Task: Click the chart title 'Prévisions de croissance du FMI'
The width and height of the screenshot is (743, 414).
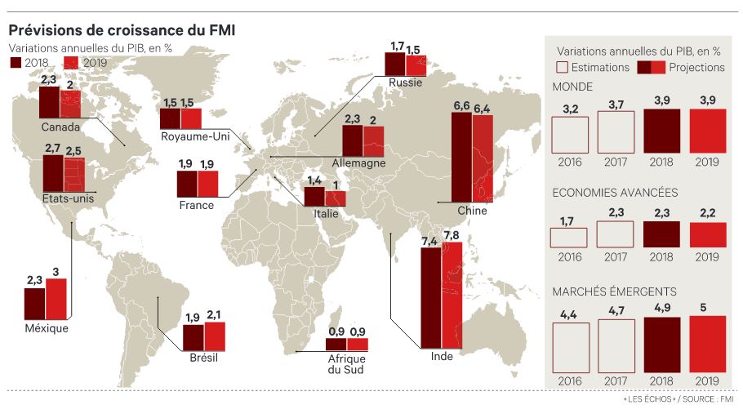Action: point(122,29)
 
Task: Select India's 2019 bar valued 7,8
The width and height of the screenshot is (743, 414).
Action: point(452,296)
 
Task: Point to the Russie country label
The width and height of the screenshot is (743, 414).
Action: point(405,82)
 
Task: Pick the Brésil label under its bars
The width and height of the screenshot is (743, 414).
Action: point(202,357)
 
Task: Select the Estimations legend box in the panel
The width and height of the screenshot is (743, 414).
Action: point(561,67)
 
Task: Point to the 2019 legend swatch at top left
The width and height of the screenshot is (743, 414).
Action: point(69,62)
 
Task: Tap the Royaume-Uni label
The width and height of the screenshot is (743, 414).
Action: point(195,135)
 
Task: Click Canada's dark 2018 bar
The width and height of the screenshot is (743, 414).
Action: point(49,104)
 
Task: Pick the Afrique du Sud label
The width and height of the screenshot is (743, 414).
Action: point(347,363)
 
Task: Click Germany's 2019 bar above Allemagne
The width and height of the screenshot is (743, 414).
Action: point(374,140)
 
